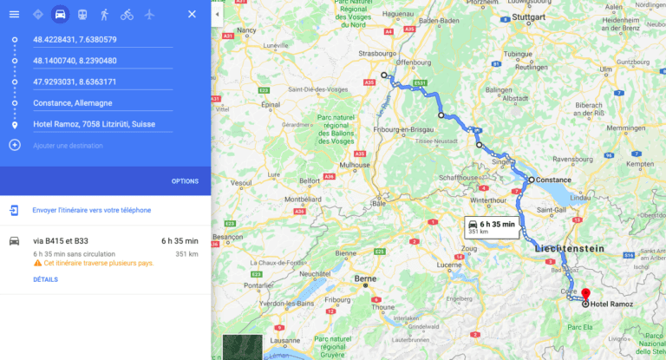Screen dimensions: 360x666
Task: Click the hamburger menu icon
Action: coord(14,14)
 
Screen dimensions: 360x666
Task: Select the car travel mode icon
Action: coord(60,14)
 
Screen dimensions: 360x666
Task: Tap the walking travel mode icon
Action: coord(105,14)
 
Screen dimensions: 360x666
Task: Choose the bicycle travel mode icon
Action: coord(127,14)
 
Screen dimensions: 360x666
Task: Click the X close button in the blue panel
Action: coord(192,14)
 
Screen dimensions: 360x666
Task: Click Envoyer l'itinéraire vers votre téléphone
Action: coord(91,210)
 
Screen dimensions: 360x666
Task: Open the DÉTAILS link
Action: coord(45,279)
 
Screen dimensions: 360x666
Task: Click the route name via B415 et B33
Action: coord(61,240)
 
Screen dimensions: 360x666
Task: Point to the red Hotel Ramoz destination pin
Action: coord(585,295)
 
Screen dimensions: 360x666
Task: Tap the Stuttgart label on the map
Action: coord(528,17)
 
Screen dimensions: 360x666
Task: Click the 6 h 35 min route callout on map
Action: coord(491,227)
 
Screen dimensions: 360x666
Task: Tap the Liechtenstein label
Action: coord(569,248)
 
